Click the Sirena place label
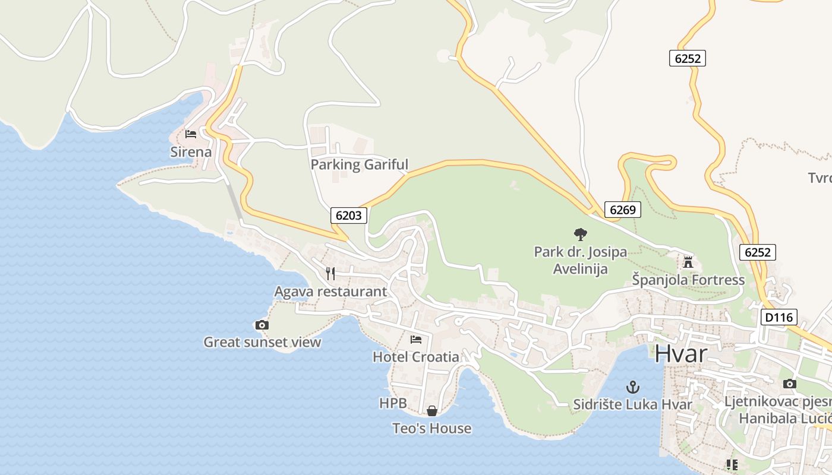pos(191,152)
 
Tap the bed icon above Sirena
pos(191,134)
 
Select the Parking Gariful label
pos(360,164)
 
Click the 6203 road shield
pos(348,216)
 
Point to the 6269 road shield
pos(623,210)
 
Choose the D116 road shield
pos(779,318)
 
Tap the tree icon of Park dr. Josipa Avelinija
pos(581,234)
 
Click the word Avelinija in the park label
pos(580,269)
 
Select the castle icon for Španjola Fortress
pos(688,261)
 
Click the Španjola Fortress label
pos(688,280)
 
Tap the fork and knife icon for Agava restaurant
pos(330,273)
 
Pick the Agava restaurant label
pos(330,292)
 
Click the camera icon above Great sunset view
pos(261,325)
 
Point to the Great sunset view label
pos(262,342)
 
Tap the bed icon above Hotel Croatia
pos(416,340)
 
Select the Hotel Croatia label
pos(416,357)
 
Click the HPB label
pos(393,404)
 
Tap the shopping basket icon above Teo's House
pos(432,411)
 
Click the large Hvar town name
pos(681,354)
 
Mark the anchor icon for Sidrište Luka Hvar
pos(633,388)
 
